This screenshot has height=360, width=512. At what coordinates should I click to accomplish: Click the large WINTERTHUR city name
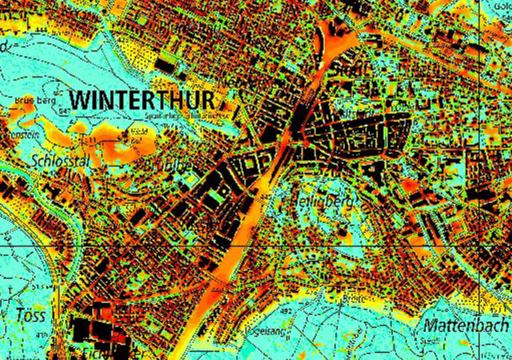coord(143,101)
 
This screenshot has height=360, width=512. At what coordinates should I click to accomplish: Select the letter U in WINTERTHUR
coord(194,101)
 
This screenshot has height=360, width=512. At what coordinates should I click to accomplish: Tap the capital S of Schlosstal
coord(34,159)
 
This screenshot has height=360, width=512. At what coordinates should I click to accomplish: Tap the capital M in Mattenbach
coord(430,326)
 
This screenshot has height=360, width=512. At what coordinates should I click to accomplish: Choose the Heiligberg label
coord(327,201)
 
